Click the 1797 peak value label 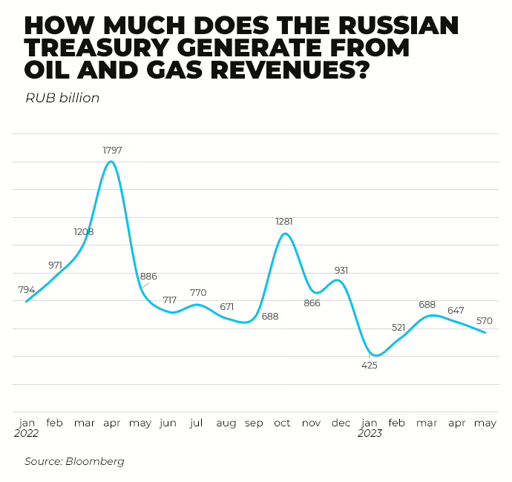(x=112, y=151)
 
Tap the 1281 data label (x=284, y=222)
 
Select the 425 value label (x=369, y=365)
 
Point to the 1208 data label (x=84, y=232)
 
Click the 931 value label (x=341, y=271)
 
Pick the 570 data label (x=485, y=321)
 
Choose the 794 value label (x=27, y=289)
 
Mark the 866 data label (x=312, y=303)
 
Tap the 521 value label (x=398, y=327)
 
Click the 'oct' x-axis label (x=282, y=423)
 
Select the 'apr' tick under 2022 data (x=112, y=423)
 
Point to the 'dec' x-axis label (x=341, y=423)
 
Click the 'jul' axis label (x=197, y=423)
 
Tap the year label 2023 (x=370, y=434)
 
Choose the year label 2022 (x=27, y=434)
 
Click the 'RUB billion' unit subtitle (x=62, y=98)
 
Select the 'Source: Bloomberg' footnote (x=74, y=461)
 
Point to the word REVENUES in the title (x=283, y=72)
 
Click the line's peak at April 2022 (x=111, y=162)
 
